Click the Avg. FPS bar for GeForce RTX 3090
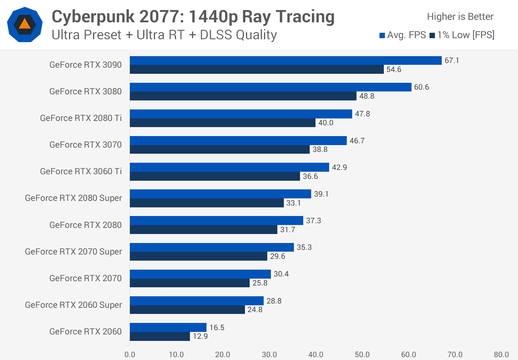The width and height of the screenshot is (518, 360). [286, 60]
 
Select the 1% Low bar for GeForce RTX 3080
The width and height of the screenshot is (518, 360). [243, 96]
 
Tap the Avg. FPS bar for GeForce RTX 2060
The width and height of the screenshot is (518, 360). [168, 327]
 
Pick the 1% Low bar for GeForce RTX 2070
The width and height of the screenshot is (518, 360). [190, 283]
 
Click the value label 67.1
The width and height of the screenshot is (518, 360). [452, 60]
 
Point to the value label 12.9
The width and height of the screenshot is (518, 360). [200, 336]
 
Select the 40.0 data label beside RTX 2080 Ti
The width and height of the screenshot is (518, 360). [326, 123]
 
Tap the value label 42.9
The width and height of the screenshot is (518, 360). [340, 167]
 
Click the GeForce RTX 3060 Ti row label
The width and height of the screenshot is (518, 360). [81, 171]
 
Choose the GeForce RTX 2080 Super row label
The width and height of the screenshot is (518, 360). [73, 198]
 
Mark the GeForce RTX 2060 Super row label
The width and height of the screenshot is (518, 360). [73, 305]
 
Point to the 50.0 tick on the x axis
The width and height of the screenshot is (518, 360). [362, 355]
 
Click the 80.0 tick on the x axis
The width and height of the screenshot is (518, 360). [501, 355]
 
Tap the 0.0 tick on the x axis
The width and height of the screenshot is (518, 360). [130, 355]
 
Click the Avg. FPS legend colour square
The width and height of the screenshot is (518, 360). [382, 35]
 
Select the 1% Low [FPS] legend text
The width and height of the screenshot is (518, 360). [466, 35]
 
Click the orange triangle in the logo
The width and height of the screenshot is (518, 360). [24, 24]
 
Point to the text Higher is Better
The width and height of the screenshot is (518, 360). [460, 17]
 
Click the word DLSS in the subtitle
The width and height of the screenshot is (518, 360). [216, 35]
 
